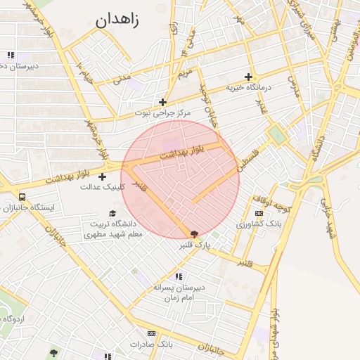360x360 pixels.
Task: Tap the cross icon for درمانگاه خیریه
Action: (248, 77)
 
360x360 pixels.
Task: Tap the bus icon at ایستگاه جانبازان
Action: (23, 198)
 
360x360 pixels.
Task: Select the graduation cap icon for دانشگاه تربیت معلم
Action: (112, 213)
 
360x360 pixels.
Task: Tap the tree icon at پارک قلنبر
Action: (194, 234)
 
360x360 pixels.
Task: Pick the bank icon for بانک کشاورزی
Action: (259, 212)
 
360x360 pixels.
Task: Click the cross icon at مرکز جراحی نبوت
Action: (162, 102)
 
